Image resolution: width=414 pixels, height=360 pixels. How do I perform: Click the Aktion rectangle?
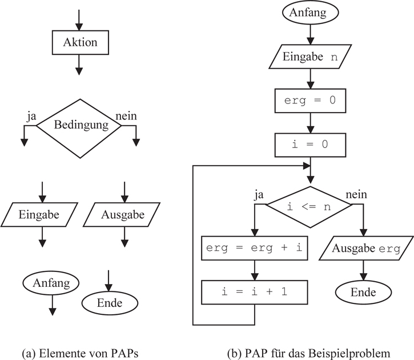tap(79, 42)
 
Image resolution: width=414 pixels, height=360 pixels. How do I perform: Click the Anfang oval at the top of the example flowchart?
tap(309, 13)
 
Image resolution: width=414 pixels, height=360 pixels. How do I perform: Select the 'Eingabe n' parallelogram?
tap(309, 57)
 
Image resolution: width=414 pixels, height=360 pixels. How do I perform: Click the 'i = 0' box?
tap(309, 144)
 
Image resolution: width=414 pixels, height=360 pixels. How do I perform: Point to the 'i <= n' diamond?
tap(309, 207)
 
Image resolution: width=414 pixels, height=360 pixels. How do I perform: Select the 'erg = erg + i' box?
tap(254, 247)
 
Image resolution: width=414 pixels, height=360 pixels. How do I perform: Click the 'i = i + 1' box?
tap(254, 291)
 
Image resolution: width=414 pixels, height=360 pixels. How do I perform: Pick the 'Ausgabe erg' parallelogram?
tap(363, 249)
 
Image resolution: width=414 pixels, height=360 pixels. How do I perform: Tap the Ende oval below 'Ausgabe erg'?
tap(363, 293)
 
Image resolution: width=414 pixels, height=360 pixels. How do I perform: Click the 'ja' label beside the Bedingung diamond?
tap(31, 116)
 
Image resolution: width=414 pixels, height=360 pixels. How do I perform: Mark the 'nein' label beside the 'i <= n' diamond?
tap(356, 195)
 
